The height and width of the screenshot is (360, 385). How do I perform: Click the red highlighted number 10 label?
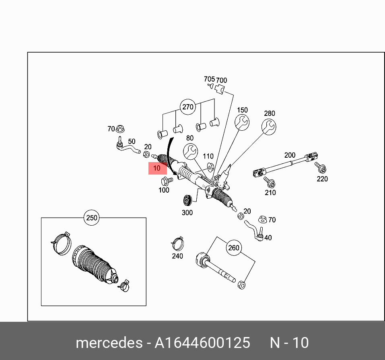157,168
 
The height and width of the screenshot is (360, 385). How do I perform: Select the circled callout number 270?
188,107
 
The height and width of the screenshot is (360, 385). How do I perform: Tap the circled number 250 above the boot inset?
92,218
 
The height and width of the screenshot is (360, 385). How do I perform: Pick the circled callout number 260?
234,248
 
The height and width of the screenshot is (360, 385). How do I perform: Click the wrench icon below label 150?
242,123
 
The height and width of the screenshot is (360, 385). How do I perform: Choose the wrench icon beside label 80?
190,152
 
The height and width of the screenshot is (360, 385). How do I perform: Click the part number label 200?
290,155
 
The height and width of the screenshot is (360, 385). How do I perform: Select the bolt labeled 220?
321,167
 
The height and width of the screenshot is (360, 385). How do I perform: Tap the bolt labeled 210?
270,183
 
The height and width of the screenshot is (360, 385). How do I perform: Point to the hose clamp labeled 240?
177,243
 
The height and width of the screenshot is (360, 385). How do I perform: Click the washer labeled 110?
209,166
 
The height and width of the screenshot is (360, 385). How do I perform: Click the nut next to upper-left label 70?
120,129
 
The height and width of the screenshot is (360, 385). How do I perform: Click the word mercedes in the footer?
108,343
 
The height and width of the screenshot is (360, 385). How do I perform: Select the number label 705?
209,79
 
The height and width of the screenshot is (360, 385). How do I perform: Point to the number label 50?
132,142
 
